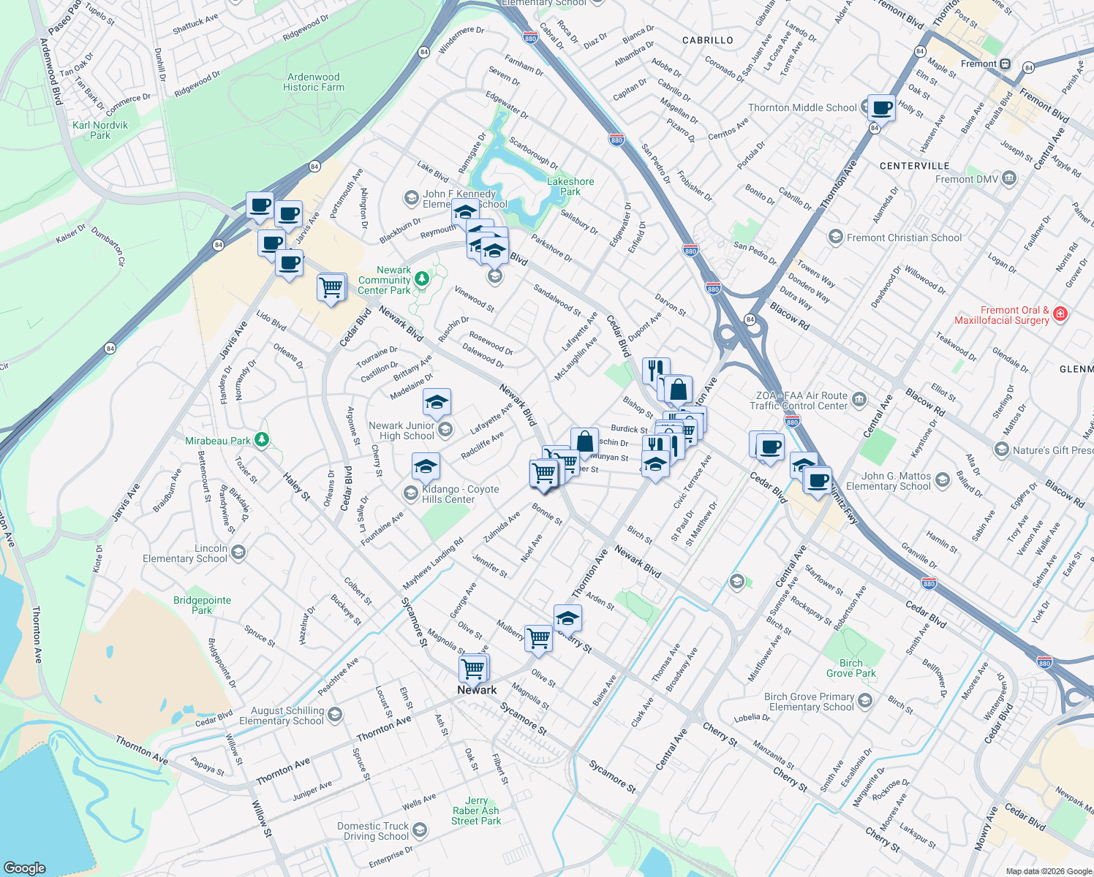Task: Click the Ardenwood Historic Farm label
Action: (x=313, y=82)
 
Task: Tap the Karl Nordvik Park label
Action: (x=100, y=130)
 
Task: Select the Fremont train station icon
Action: (x=1006, y=64)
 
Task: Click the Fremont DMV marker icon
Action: (x=1009, y=178)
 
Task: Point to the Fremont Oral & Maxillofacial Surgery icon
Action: (x=1060, y=314)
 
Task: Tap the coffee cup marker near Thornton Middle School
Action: (x=881, y=108)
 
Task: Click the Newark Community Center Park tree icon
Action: (x=422, y=279)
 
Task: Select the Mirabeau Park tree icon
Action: (x=262, y=440)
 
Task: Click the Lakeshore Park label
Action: (x=570, y=186)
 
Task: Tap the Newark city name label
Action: (x=477, y=690)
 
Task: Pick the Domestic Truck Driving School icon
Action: (x=420, y=830)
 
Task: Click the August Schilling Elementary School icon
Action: (x=335, y=715)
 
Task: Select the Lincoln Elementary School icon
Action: (x=238, y=553)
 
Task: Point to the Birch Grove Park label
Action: (x=850, y=668)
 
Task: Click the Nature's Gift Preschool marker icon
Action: (x=1002, y=449)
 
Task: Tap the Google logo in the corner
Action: (x=25, y=867)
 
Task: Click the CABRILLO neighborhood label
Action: (x=707, y=40)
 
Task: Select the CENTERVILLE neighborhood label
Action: (x=914, y=166)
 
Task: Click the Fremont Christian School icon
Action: (x=835, y=238)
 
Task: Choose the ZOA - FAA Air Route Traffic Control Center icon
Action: (x=859, y=399)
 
